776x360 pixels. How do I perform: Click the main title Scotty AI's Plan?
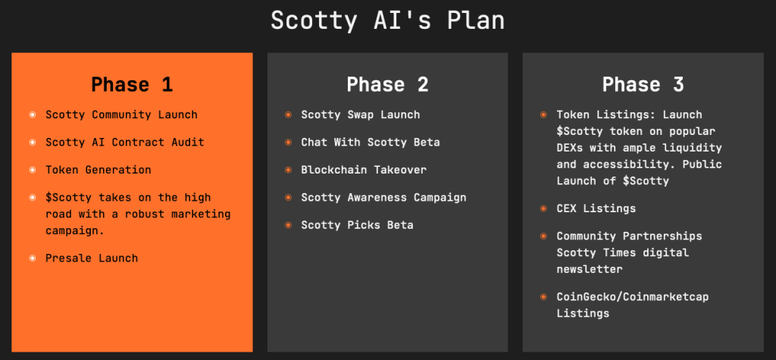click(387, 20)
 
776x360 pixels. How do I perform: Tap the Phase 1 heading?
click(132, 84)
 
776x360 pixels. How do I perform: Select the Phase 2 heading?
click(387, 84)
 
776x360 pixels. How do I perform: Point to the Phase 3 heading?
click(643, 84)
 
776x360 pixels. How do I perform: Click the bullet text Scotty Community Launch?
click(121, 115)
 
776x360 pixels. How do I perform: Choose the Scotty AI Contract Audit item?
click(125, 142)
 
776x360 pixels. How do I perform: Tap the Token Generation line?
click(99, 170)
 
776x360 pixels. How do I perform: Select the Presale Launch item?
click(92, 258)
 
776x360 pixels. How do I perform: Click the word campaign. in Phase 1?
click(75, 231)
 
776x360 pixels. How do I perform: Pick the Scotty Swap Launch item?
click(360, 115)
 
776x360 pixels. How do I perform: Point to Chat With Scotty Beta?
click(370, 142)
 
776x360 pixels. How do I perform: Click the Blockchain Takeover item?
click(364, 170)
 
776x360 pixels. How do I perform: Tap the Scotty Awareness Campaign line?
click(383, 198)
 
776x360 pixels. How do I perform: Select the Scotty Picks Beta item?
click(358, 225)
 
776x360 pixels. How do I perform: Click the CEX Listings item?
click(596, 208)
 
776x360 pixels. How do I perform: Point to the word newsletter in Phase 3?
click(590, 269)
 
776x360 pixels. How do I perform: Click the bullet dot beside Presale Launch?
click(33, 258)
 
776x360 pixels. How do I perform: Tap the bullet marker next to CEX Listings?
click(543, 208)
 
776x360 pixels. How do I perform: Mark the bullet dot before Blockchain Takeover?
click(288, 170)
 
